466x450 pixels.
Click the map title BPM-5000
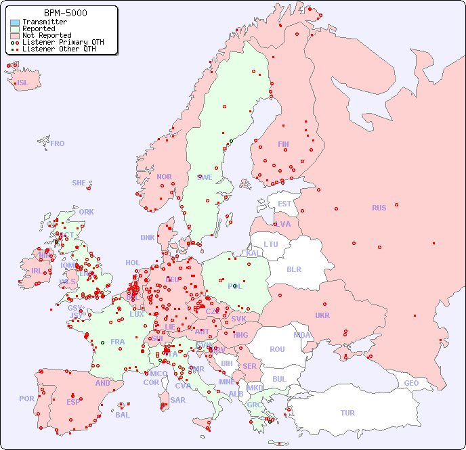[x=65, y=13]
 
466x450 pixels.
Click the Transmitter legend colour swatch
[x=14, y=22]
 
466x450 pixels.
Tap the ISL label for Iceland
[x=23, y=83]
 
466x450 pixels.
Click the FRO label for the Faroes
[x=58, y=143]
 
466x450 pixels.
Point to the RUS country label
[x=379, y=208]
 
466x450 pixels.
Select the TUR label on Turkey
[x=347, y=413]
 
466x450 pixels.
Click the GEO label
[x=411, y=383]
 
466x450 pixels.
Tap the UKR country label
[x=322, y=315]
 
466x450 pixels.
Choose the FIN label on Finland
[x=283, y=144]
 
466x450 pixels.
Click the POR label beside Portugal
[x=26, y=399]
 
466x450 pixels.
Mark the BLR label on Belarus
[x=293, y=269]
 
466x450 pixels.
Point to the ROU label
[x=277, y=349]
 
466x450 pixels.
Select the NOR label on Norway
[x=164, y=177]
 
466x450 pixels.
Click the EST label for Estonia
[x=284, y=204]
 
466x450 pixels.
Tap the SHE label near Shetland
[x=79, y=183]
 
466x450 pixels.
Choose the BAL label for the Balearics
[x=123, y=415]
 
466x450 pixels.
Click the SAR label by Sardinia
[x=177, y=400]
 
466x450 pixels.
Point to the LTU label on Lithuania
[x=271, y=244]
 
